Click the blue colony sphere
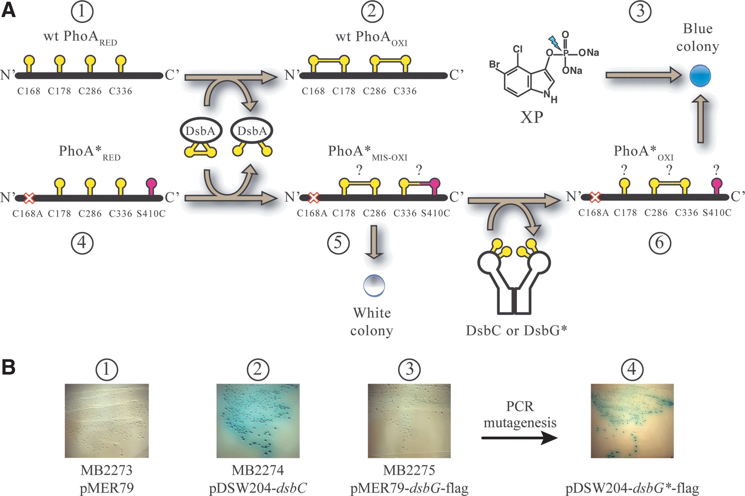[x=700, y=76]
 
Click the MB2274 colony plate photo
[x=258, y=421]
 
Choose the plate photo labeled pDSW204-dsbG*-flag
[x=632, y=421]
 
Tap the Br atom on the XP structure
[x=494, y=65]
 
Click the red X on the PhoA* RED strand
[x=29, y=198]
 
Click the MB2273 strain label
[x=106, y=470]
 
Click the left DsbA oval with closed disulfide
[x=201, y=131]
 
